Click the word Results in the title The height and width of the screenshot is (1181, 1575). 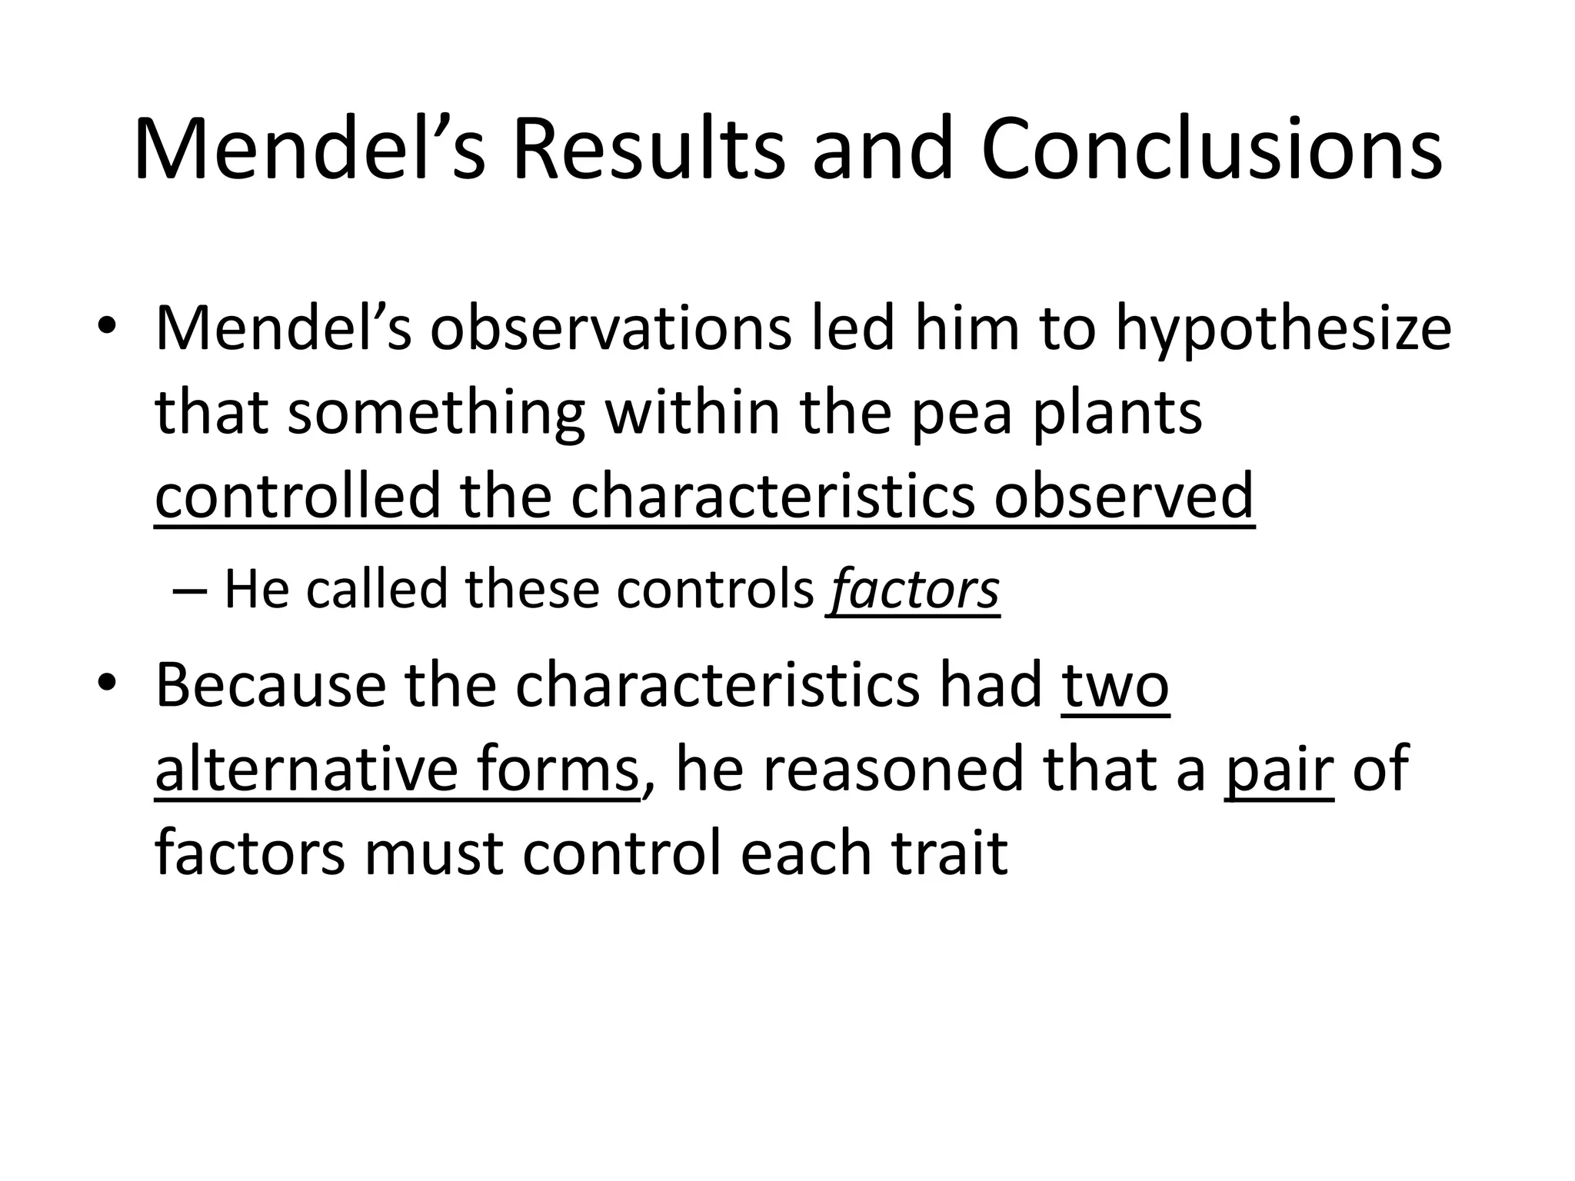[648, 150]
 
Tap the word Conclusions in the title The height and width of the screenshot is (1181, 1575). [1211, 150]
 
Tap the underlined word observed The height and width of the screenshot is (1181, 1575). [1124, 496]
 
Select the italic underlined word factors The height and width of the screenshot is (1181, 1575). [914, 590]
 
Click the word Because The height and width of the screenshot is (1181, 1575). [271, 686]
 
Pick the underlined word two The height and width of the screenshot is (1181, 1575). [1115, 686]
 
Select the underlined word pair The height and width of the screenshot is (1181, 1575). [1279, 769]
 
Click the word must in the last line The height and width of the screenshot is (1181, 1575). [433, 853]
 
